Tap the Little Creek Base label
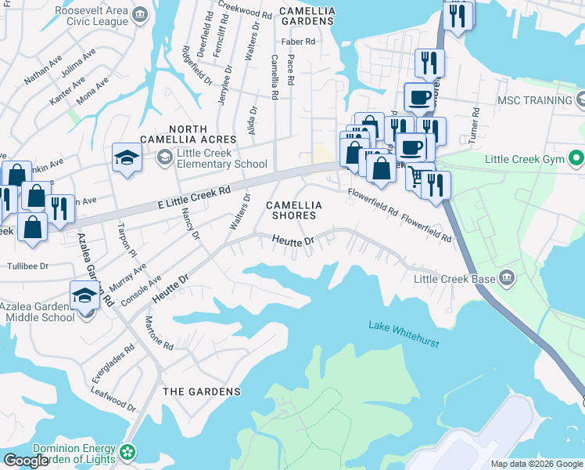pyautogui.click(x=455, y=279)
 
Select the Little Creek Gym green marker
pyautogui.click(x=577, y=159)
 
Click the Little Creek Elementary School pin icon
pyautogui.click(x=164, y=158)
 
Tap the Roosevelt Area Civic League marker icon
pyautogui.click(x=140, y=14)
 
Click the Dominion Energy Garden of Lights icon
pyautogui.click(x=127, y=453)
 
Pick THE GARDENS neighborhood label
pyautogui.click(x=202, y=391)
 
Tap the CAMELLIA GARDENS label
pyautogui.click(x=307, y=16)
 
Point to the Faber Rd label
pyautogui.click(x=300, y=42)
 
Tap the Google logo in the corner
pyautogui.click(x=26, y=461)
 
